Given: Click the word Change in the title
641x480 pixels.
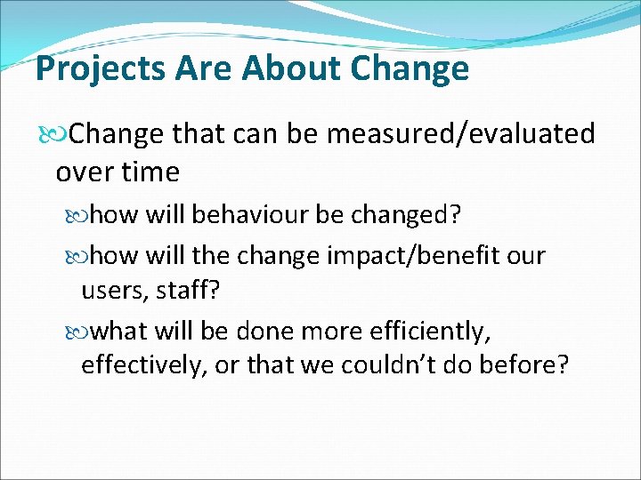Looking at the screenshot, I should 410,68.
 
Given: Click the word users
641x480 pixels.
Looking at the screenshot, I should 109,292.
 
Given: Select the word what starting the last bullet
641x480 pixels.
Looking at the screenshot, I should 119,332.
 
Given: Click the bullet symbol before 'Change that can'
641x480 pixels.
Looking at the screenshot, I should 60,135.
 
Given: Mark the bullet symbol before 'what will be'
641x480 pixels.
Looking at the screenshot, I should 83,332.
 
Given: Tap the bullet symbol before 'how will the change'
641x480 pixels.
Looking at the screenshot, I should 83,257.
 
